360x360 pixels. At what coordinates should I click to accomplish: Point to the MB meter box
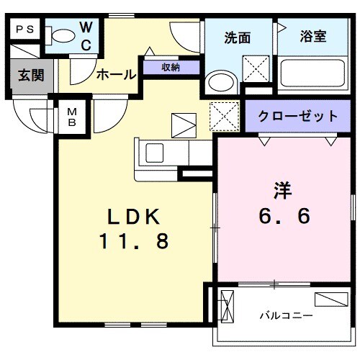72,117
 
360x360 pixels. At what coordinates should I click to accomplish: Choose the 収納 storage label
170,68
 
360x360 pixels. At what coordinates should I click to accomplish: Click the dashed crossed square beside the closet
224,114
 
